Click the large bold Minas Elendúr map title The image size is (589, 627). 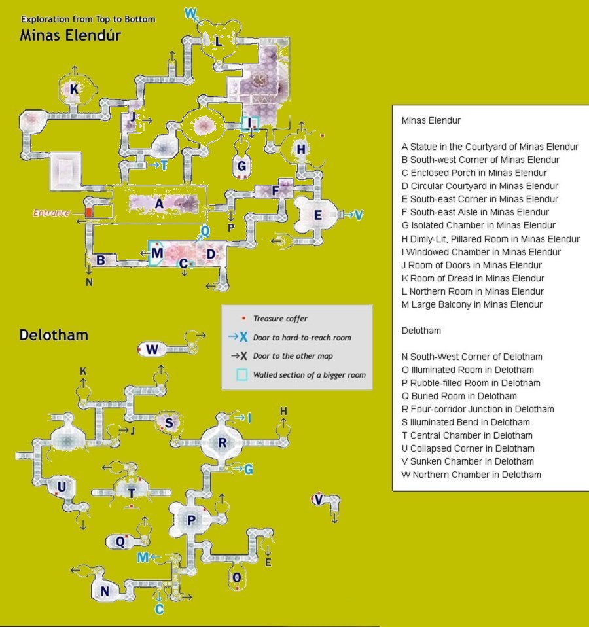pyautogui.click(x=71, y=35)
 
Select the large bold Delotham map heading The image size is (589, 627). pyautogui.click(x=54, y=334)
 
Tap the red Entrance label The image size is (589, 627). pyautogui.click(x=52, y=213)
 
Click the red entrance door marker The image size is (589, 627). pyautogui.click(x=89, y=212)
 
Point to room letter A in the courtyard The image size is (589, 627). pyautogui.click(x=159, y=204)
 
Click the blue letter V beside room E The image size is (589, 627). pyautogui.click(x=359, y=215)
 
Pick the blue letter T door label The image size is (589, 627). pyautogui.click(x=164, y=165)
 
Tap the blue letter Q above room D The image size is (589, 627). pyautogui.click(x=205, y=230)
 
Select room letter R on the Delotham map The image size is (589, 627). pyautogui.click(x=223, y=442)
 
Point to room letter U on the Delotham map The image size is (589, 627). pyautogui.click(x=62, y=487)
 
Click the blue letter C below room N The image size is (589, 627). pyautogui.click(x=159, y=609)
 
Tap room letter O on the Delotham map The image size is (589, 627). pyautogui.click(x=237, y=577)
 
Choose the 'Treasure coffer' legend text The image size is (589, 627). pyautogui.click(x=280, y=319)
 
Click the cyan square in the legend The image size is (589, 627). pyautogui.click(x=242, y=374)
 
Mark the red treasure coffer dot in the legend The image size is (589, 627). pyautogui.click(x=243, y=318)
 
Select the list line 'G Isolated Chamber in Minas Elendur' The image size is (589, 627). pyautogui.click(x=478, y=225)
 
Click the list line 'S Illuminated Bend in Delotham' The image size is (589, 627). pyautogui.click(x=466, y=422)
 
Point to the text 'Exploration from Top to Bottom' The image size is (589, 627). pyautogui.click(x=88, y=19)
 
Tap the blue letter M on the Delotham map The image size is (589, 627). pyautogui.click(x=143, y=557)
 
